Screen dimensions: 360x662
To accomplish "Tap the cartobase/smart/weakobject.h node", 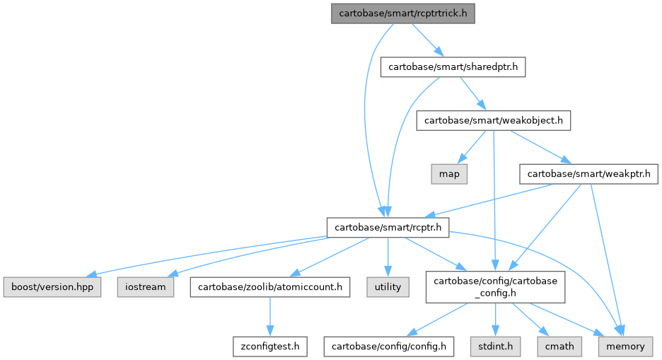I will [x=494, y=120].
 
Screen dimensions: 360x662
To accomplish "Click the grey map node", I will [x=449, y=173].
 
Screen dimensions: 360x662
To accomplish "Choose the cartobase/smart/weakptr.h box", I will [x=588, y=173].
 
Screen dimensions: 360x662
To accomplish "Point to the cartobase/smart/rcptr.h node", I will [x=387, y=227].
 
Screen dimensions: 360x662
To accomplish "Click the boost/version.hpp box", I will [x=52, y=286].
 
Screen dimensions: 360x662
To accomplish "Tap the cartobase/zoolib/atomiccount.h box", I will [x=269, y=286].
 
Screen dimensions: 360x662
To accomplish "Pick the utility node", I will [x=388, y=286].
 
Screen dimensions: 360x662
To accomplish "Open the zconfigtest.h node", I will [x=269, y=346].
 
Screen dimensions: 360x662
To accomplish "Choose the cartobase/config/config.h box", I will [x=390, y=346].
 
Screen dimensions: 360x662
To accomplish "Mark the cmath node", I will [x=559, y=346].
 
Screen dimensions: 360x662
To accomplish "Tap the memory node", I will [x=625, y=346].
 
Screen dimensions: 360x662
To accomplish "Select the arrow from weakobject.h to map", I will [x=472, y=146].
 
